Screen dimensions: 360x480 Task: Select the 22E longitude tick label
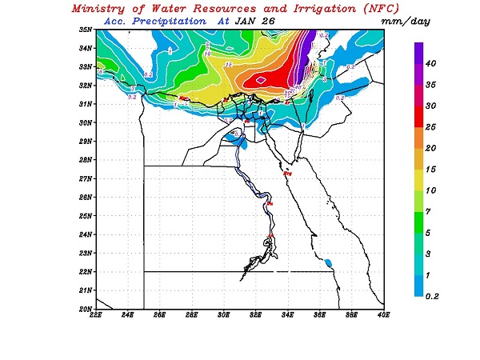(x=96, y=315)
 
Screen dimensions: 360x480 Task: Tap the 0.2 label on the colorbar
(x=432, y=296)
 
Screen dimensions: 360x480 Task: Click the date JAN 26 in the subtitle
(x=252, y=22)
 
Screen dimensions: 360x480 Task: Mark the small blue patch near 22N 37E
(x=329, y=262)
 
